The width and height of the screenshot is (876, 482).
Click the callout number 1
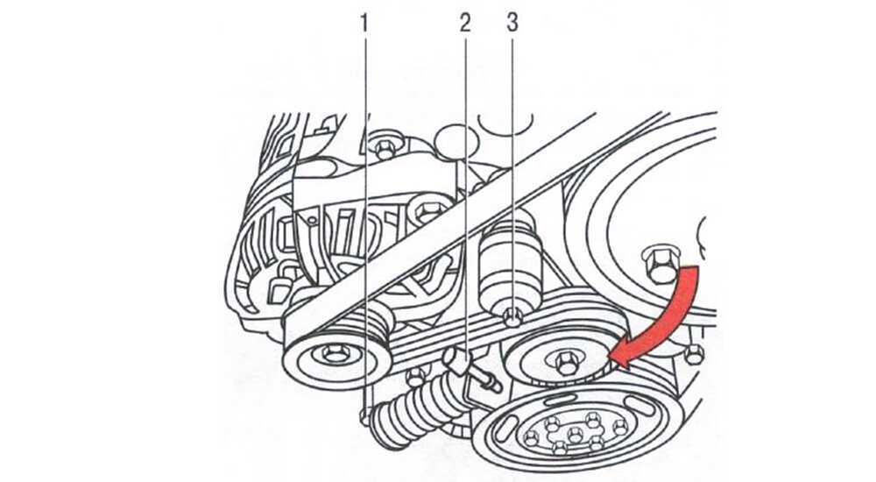coord(364,24)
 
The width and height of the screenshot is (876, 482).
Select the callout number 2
coord(465,23)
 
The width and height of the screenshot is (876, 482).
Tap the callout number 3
coord(512,23)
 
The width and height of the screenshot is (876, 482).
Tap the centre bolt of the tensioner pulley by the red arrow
coord(564,364)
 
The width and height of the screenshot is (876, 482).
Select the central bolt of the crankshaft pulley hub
coord(575,434)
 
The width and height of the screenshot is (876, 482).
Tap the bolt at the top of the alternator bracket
coord(385,149)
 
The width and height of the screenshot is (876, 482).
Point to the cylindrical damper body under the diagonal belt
coord(512,264)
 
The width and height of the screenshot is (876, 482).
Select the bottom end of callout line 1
coord(365,413)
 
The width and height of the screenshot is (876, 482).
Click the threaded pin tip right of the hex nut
coord(494,386)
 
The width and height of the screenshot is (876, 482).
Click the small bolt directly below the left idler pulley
coord(415,378)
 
